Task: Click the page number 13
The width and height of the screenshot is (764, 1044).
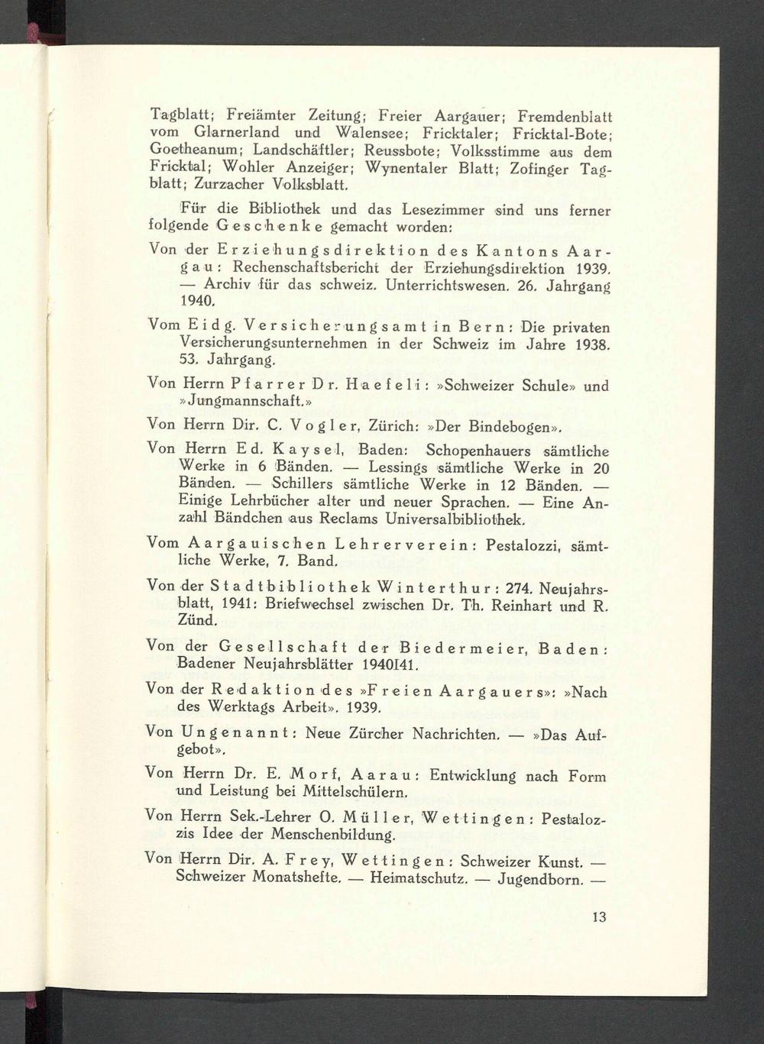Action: click(598, 916)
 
